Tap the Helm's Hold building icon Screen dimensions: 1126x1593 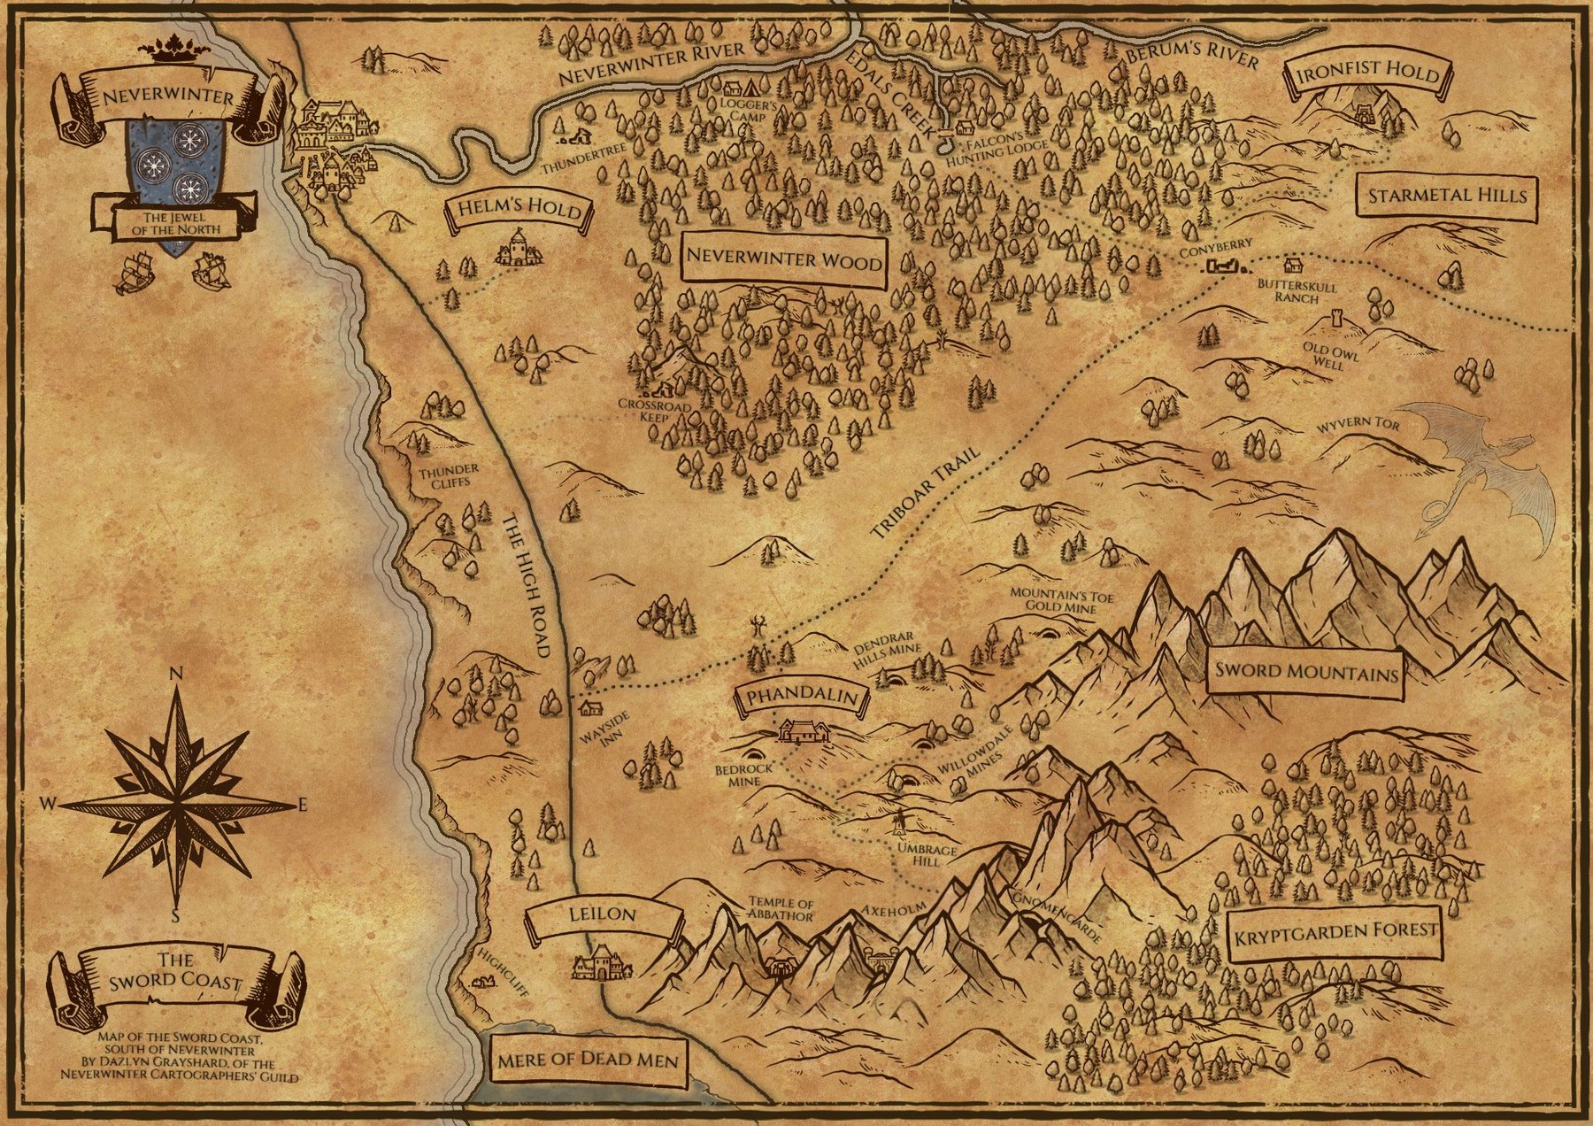pyautogui.click(x=519, y=249)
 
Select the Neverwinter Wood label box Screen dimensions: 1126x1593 pyautogui.click(x=784, y=260)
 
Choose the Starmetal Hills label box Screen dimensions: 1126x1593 pyautogui.click(x=1447, y=196)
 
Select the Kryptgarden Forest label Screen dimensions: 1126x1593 pyautogui.click(x=1335, y=932)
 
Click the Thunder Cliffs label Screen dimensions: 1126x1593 pyautogui.click(x=449, y=476)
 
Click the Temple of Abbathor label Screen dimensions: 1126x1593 pyautogui.click(x=780, y=909)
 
